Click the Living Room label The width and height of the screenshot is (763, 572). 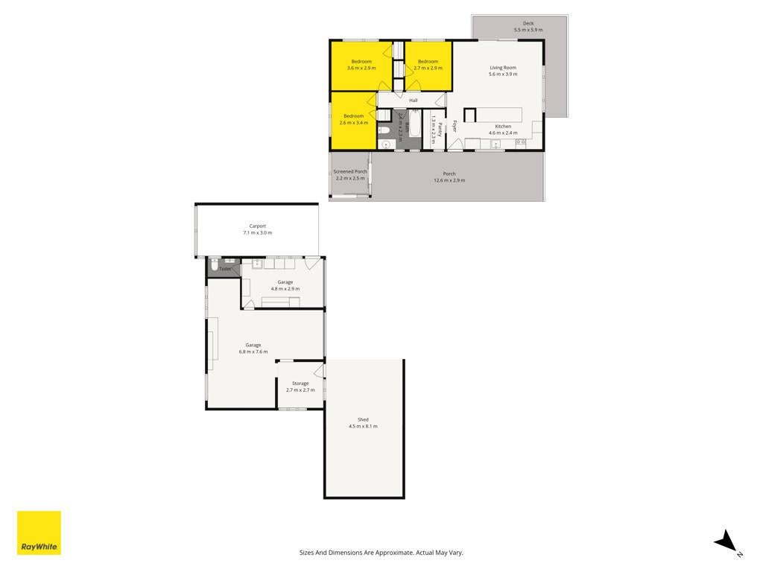(503, 68)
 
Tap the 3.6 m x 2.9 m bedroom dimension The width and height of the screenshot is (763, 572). (361, 68)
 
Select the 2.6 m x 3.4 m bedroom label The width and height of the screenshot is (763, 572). (354, 119)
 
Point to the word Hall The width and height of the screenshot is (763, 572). (413, 101)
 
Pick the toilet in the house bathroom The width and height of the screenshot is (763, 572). (384, 130)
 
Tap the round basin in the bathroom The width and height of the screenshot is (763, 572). (387, 144)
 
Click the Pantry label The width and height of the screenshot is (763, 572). (440, 130)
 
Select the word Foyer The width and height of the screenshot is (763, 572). (455, 127)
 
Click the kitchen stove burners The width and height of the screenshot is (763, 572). (521, 142)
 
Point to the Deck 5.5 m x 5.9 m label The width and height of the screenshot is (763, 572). (528, 26)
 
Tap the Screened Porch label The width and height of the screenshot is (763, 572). (350, 172)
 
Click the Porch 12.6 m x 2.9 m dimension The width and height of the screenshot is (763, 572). (449, 180)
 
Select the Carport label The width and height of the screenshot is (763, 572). (257, 226)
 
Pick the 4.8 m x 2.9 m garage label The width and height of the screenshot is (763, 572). (285, 289)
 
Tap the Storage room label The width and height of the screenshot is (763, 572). (300, 384)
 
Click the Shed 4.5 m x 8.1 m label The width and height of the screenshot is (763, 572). (363, 423)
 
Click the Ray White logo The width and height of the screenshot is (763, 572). (39, 533)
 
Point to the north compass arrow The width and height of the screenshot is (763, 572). (726, 541)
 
